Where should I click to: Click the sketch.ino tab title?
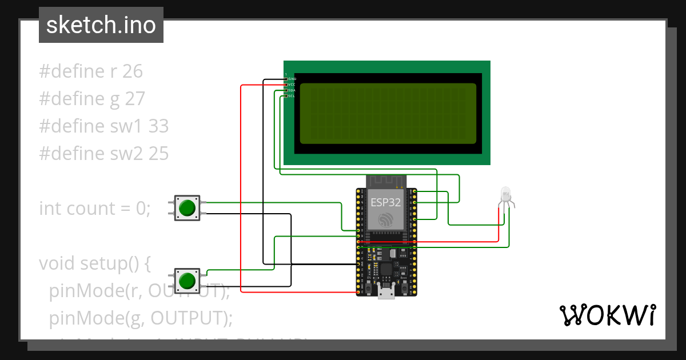click(101, 25)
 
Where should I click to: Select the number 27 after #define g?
click(135, 99)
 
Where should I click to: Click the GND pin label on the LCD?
click(292, 78)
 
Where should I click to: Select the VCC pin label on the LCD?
click(292, 84)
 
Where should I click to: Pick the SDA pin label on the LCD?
click(292, 90)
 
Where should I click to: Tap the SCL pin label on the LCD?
click(292, 95)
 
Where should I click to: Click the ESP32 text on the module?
click(386, 202)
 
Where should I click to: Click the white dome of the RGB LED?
click(505, 193)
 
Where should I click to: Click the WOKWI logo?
click(607, 315)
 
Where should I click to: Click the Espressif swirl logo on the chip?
click(386, 219)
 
